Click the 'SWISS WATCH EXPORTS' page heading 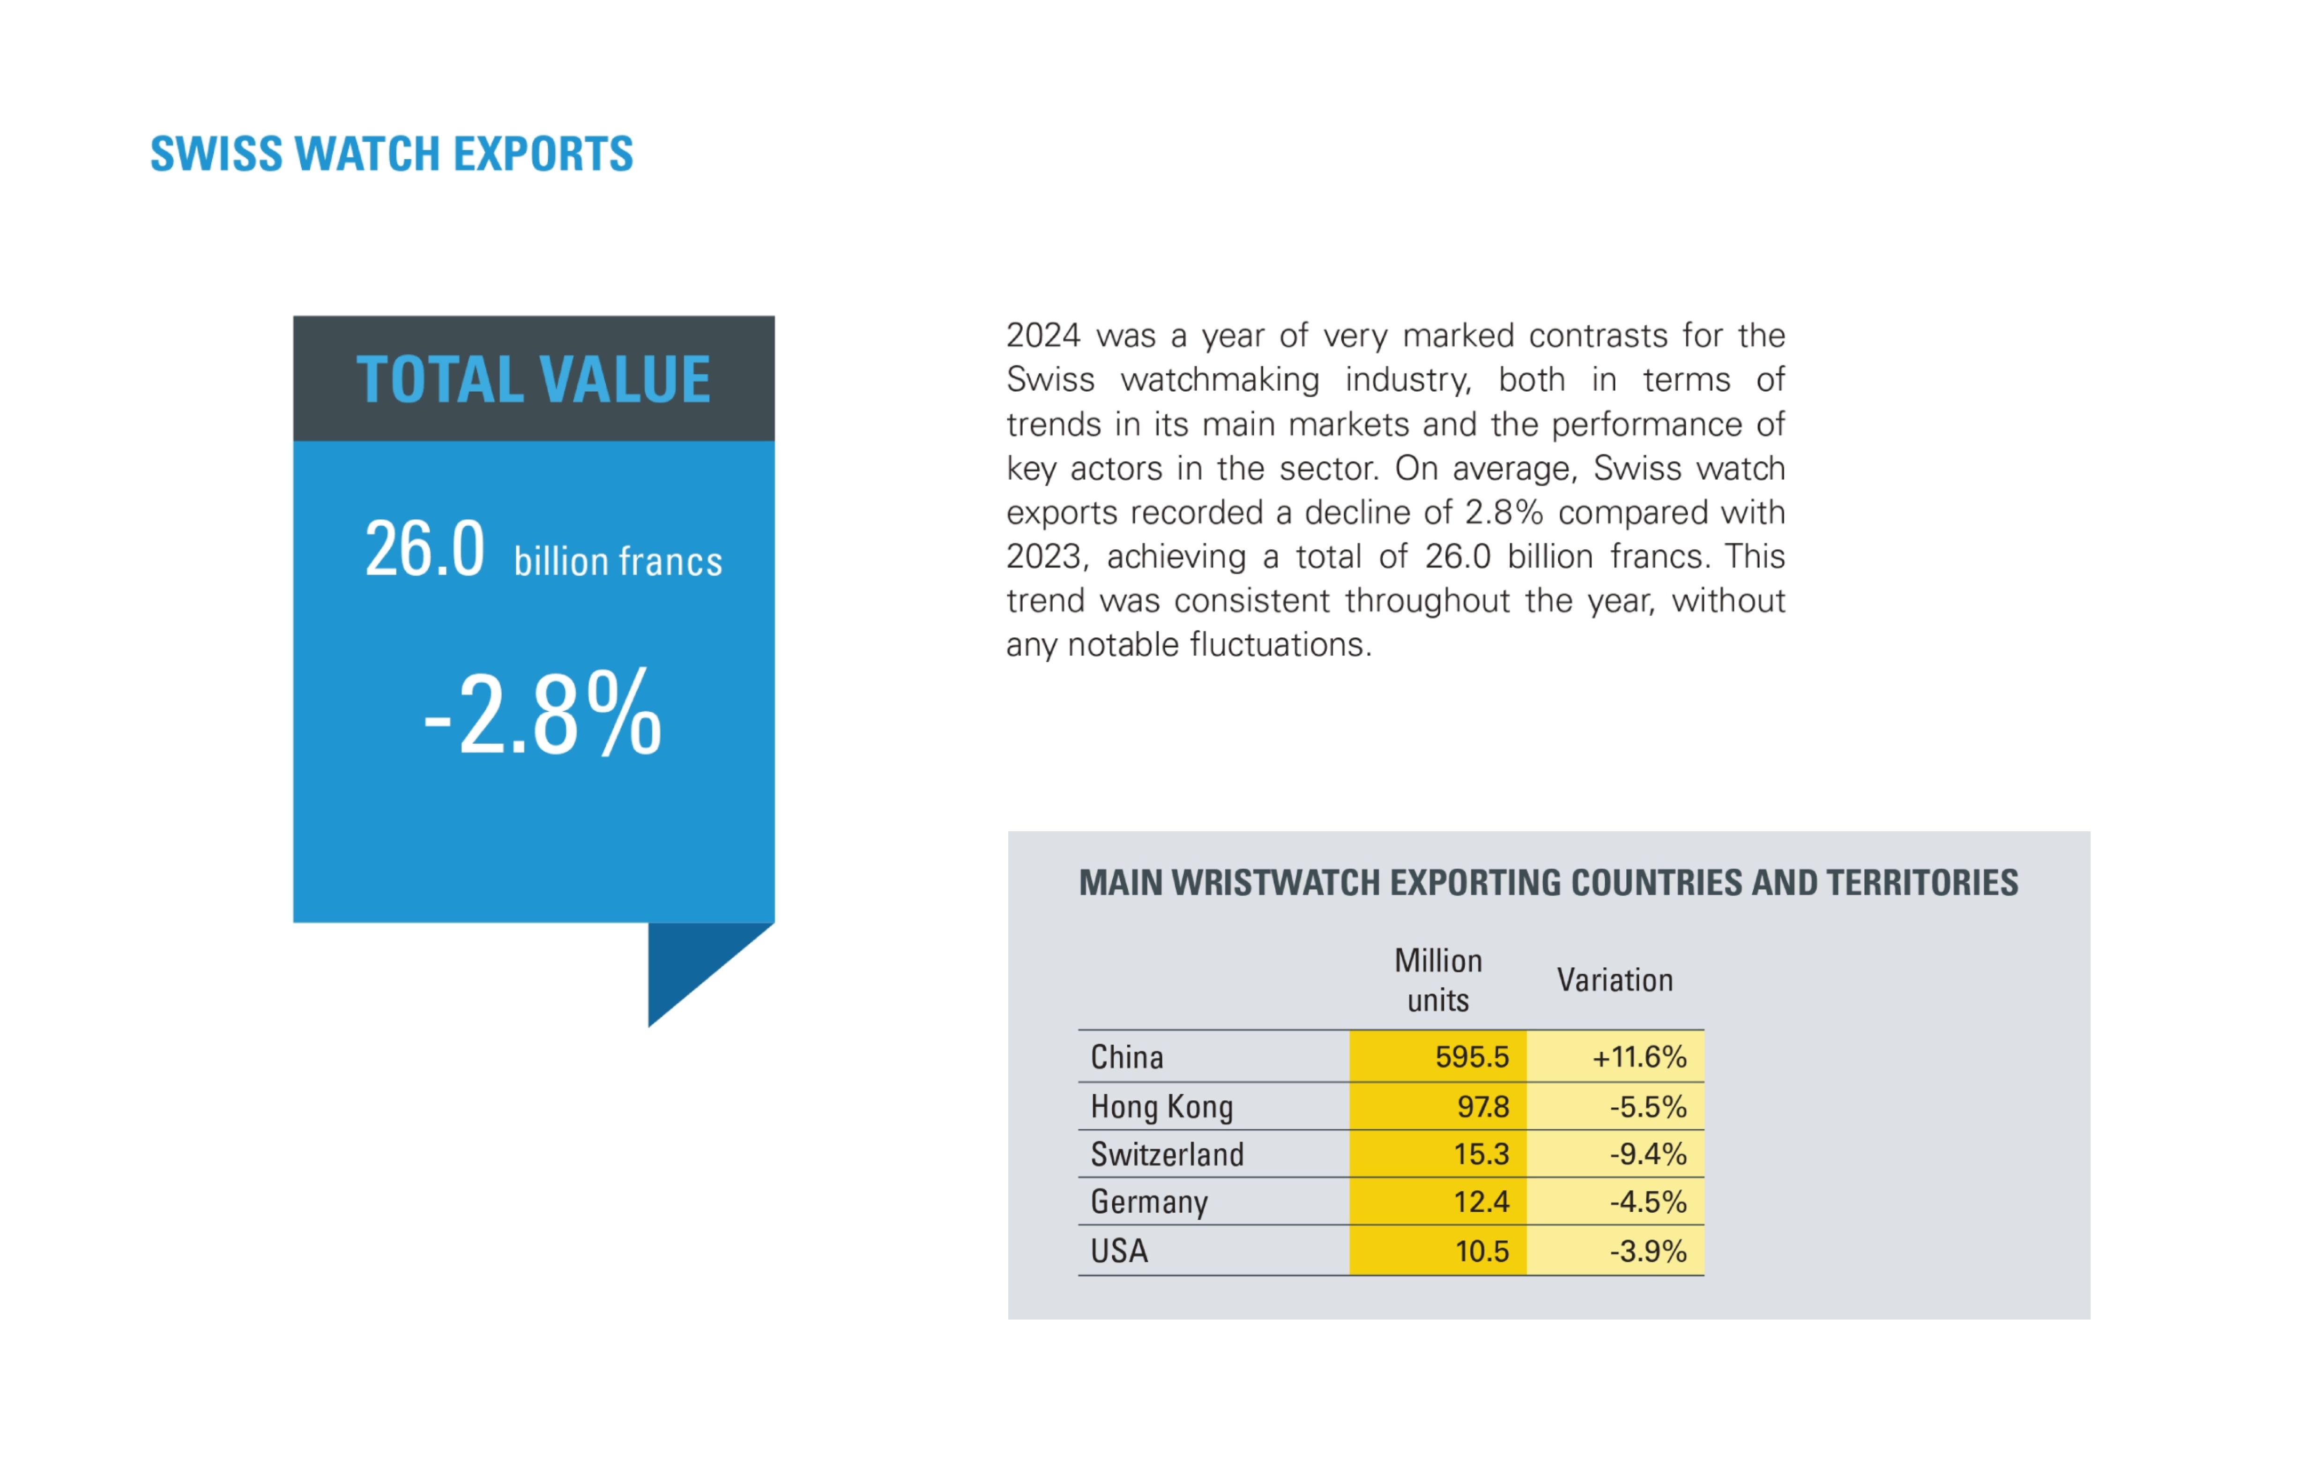tap(391, 153)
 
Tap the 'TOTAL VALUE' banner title tap(533, 379)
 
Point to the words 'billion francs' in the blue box tap(618, 561)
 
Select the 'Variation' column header tap(1615, 980)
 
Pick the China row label tap(1127, 1057)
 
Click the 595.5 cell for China tap(1472, 1057)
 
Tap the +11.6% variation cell tap(1639, 1057)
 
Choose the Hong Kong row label tap(1161, 1107)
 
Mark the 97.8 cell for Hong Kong tap(1482, 1107)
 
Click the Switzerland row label tap(1167, 1154)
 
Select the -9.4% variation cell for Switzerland tap(1647, 1154)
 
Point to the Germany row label tap(1149, 1202)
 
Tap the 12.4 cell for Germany tap(1481, 1202)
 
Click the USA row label tap(1119, 1251)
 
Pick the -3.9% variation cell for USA tap(1647, 1251)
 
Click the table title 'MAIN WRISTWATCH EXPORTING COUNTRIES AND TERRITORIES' tap(1548, 882)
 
